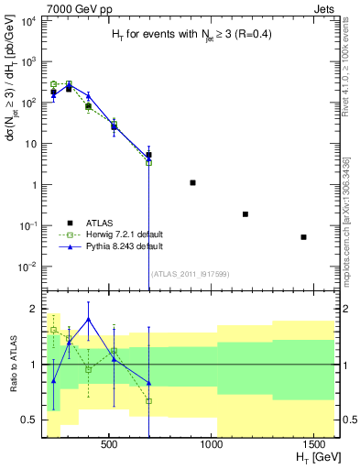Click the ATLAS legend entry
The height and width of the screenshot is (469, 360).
pyautogui.click(x=98, y=222)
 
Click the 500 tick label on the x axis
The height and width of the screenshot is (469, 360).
pyautogui.click(x=109, y=444)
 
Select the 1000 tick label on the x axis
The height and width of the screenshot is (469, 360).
pyautogui.click(x=213, y=444)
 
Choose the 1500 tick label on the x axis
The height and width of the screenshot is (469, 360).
pyautogui.click(x=315, y=444)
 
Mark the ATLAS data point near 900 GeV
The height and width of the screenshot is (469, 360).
pyautogui.click(x=192, y=183)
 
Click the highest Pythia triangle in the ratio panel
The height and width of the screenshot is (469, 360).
pyautogui.click(x=88, y=320)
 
